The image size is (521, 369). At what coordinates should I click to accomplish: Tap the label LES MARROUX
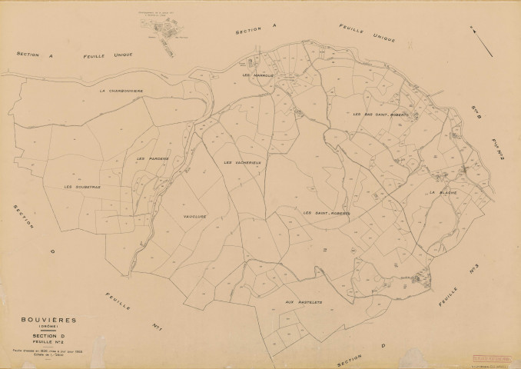pos(257,75)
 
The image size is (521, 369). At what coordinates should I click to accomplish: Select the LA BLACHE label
pos(443,191)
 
